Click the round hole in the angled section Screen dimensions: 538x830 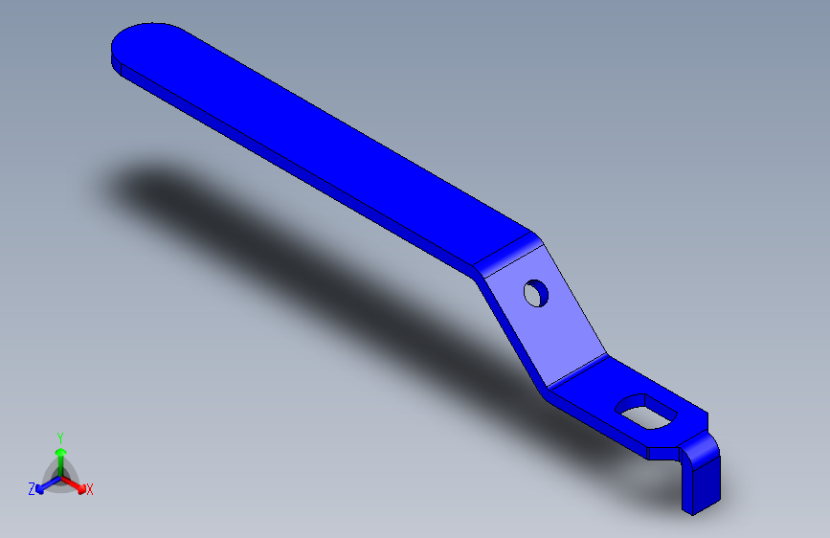537,293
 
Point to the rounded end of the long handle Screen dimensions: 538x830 134,43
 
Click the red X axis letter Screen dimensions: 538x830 90,490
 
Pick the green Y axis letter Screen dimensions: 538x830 60,436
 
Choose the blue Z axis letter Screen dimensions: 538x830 31,489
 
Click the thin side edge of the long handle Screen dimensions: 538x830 287,163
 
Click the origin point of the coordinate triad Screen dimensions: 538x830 60,476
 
